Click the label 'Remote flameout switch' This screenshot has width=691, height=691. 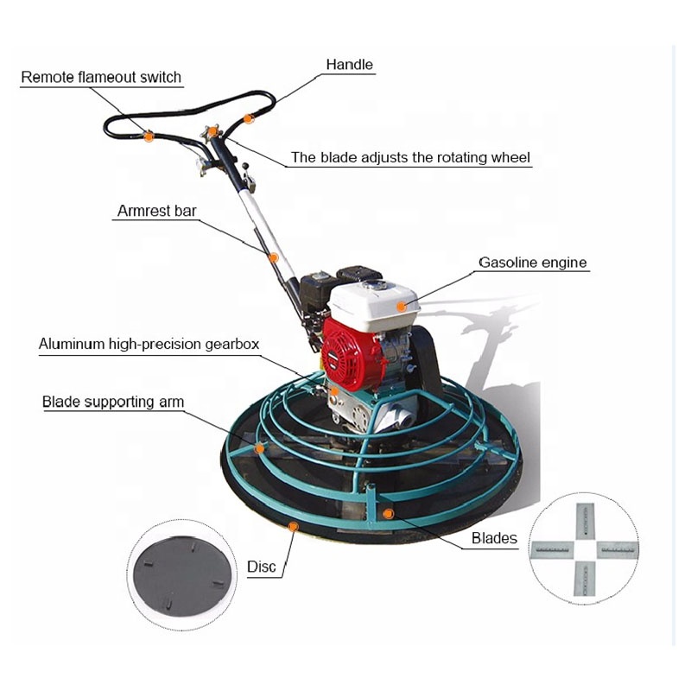pos(101,77)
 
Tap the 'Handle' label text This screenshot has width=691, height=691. pos(349,64)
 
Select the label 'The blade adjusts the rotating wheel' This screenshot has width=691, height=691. pos(410,157)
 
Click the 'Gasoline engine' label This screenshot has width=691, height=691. pos(534,263)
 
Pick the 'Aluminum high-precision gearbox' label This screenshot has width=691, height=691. pos(149,344)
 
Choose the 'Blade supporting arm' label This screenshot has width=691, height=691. pos(113,402)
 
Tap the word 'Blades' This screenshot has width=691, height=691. pos(494,539)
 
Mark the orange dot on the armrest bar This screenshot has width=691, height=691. pos(273,257)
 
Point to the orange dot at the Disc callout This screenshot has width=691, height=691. pos(294,524)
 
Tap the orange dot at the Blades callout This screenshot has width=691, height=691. pos(388,514)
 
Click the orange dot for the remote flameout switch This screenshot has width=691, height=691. pos(149,136)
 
